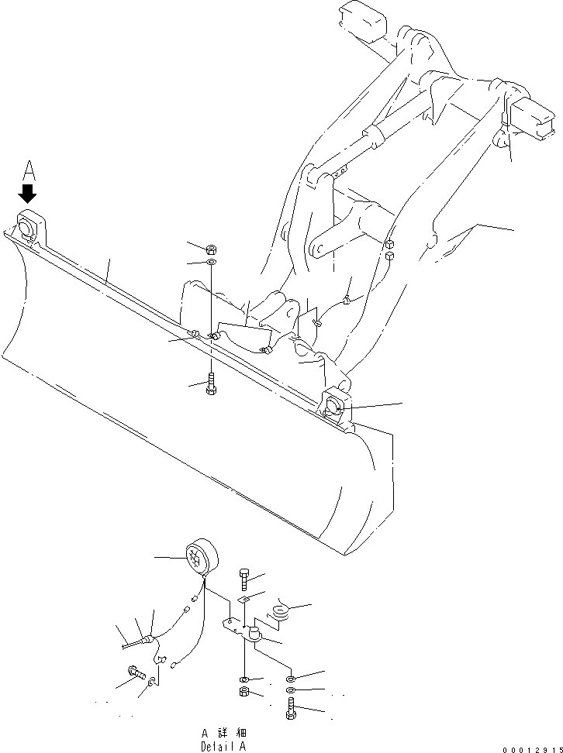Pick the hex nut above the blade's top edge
211,249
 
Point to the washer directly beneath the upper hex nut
211,264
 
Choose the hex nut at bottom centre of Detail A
244,691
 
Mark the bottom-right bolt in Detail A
290,709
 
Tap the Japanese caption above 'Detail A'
225,732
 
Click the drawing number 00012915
530,748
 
